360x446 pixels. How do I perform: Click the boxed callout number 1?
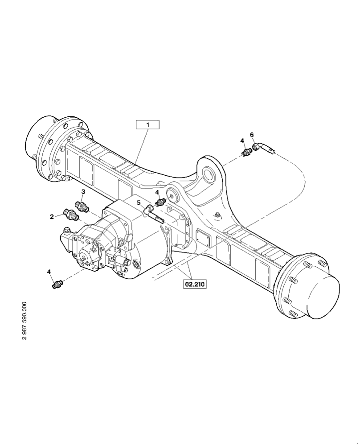[147, 124]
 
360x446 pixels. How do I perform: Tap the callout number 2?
[52, 217]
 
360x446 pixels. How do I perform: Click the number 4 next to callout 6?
[242, 141]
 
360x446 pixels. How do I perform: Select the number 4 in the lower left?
[49, 271]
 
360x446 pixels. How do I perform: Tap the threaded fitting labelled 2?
[71, 214]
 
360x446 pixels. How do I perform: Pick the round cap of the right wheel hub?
[320, 296]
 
